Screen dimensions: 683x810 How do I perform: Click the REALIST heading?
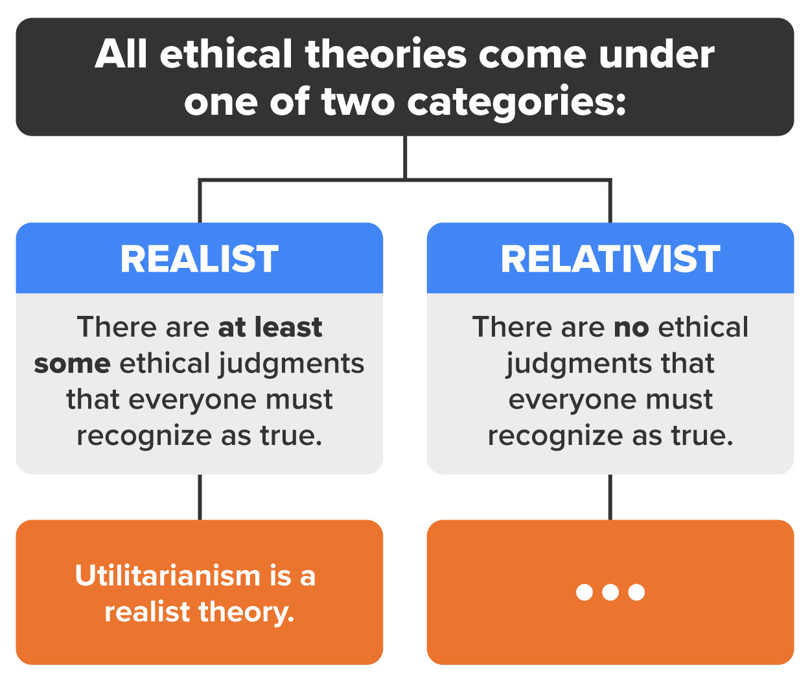[200, 259]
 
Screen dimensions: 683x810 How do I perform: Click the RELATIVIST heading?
[610, 259]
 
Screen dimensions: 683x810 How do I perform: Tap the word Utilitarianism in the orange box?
[167, 575]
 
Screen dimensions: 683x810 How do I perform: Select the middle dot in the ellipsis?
[610, 592]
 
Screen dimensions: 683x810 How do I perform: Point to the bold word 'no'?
[631, 327]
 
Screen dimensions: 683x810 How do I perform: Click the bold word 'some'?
[72, 363]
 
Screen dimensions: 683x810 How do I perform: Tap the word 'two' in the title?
[358, 102]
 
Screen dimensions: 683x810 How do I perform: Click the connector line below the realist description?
[200, 497]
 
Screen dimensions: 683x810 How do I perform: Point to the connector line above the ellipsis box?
[610, 497]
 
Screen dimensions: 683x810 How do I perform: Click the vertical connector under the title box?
[405, 157]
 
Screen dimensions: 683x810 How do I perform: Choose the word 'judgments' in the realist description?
[292, 365]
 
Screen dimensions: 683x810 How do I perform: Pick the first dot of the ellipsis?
[584, 592]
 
